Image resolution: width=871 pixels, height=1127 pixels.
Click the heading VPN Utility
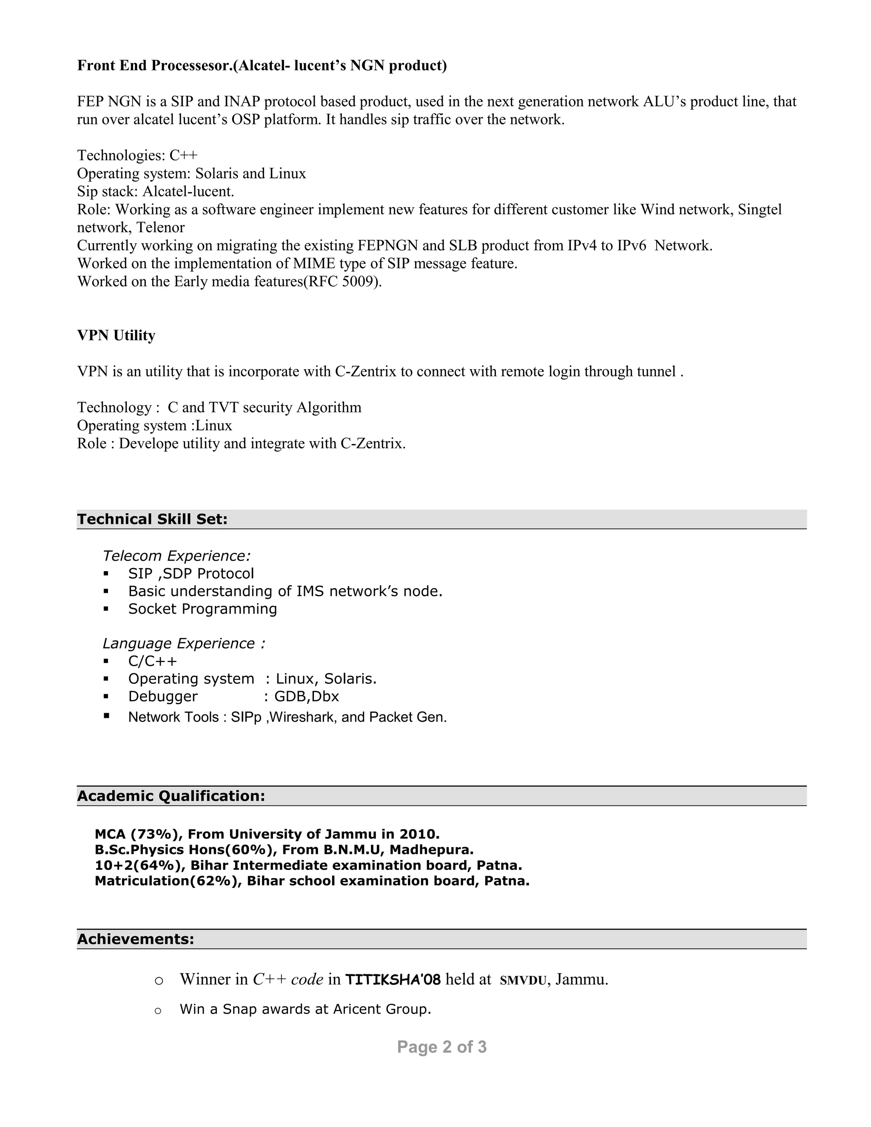click(x=116, y=336)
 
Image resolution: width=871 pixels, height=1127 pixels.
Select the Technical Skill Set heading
click(x=152, y=519)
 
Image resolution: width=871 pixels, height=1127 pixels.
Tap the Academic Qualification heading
click(x=171, y=796)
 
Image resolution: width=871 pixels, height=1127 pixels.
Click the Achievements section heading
click(x=136, y=939)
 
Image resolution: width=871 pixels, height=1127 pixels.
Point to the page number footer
click(x=442, y=1047)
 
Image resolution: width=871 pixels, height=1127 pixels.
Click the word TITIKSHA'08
click(x=393, y=979)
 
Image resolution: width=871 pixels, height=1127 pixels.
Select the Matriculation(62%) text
click(x=168, y=880)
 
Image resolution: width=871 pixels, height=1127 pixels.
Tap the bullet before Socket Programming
click(x=106, y=609)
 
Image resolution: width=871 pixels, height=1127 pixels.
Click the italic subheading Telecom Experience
click(x=176, y=556)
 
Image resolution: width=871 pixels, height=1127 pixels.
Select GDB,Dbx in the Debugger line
click(x=307, y=697)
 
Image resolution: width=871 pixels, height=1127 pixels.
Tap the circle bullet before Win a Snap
click(x=158, y=1010)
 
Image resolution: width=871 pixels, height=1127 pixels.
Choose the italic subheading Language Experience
click(x=184, y=643)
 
